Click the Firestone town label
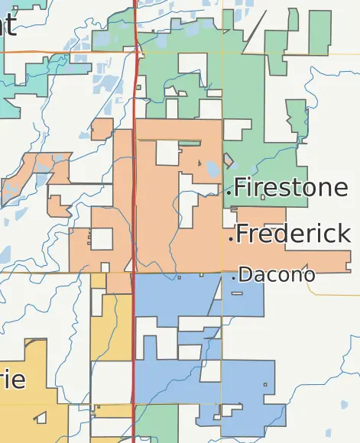(x=290, y=188)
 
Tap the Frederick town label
(x=294, y=234)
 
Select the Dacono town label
(x=277, y=275)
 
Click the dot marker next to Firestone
(x=229, y=193)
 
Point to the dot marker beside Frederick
(x=231, y=239)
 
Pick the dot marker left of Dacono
(x=234, y=279)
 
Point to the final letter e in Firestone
(x=339, y=188)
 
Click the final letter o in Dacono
(x=309, y=276)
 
